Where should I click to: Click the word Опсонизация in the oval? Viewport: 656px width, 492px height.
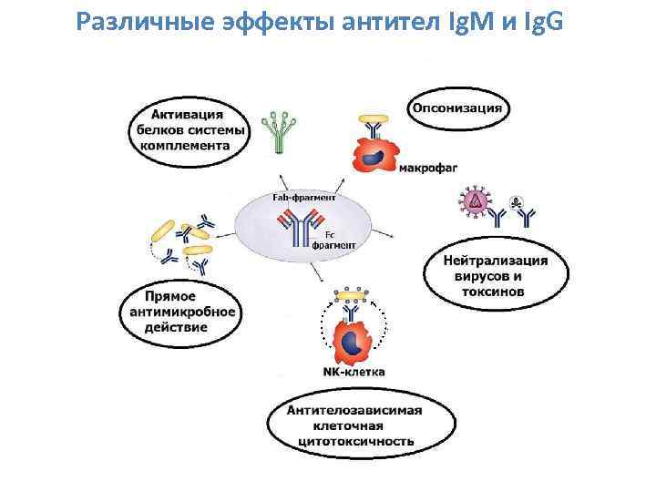point(458,108)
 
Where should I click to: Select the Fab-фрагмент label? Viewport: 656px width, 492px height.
point(304,197)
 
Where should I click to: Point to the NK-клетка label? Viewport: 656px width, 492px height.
point(354,371)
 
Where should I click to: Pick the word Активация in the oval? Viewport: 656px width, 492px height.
point(187,116)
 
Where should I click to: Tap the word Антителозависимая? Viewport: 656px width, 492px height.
point(354,410)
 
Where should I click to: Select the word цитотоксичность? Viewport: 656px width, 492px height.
point(355,442)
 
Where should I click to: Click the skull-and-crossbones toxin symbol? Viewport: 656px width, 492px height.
point(513,202)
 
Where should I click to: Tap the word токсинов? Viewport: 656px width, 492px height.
point(493,292)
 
